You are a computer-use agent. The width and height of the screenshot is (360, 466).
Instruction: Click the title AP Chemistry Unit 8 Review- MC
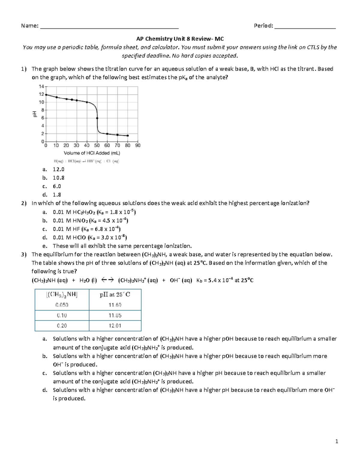point(180,39)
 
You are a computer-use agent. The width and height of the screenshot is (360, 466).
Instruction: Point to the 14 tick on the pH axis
point(41,86)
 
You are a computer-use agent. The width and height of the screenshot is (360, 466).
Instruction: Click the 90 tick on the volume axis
point(138,146)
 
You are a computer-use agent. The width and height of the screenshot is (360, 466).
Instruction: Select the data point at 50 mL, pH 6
point(97,118)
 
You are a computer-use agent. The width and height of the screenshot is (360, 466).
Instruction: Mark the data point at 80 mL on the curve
point(128,136)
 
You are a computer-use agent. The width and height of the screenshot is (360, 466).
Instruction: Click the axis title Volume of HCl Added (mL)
point(92,153)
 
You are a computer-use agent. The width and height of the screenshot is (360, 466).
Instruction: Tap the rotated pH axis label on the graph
point(35,114)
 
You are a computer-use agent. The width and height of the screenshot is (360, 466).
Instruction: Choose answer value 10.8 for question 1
point(58,178)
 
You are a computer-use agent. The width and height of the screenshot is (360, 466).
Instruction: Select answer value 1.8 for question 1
point(57,195)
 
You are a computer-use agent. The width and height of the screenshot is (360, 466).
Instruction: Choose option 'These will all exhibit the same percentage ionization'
point(122,246)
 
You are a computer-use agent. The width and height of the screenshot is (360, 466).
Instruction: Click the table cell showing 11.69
point(115,305)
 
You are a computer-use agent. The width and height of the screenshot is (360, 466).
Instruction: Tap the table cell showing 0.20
point(62,326)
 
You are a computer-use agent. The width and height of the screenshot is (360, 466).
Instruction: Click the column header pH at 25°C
point(115,295)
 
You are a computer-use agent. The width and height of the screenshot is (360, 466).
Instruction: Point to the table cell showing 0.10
point(62,316)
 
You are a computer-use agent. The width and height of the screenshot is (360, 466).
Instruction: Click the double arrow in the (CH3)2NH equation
point(107,280)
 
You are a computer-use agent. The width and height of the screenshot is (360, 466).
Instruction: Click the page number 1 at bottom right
point(337,441)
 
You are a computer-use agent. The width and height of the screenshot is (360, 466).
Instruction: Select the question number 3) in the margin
point(24,254)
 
